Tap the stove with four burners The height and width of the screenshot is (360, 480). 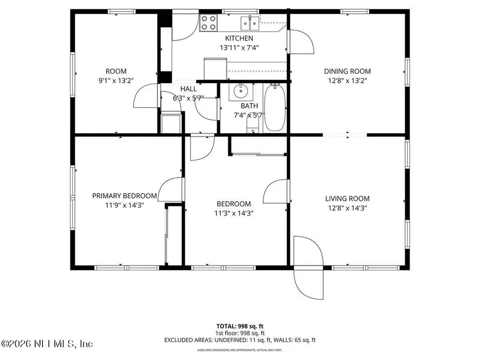point(209,22)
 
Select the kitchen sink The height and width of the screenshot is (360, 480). point(249,22)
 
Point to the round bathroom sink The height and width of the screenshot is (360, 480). point(242,91)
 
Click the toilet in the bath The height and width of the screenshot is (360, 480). point(253,126)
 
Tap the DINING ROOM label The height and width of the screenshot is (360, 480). point(347,71)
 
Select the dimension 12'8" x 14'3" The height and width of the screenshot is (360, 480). point(347,208)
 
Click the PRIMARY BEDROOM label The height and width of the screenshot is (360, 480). point(124,196)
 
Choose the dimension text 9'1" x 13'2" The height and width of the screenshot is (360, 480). point(116,81)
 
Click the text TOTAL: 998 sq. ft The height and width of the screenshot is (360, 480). point(239,326)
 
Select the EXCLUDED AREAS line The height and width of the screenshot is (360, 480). point(239,339)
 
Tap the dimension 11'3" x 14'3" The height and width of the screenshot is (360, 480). point(234,213)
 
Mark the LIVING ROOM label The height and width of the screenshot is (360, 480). point(347,199)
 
